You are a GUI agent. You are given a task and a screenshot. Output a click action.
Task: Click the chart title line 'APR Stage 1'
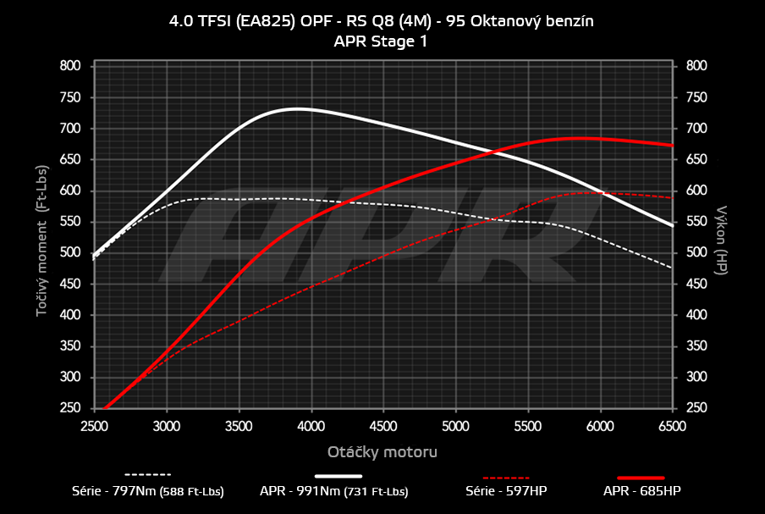382,41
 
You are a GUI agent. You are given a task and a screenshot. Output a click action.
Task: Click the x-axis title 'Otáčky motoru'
382,451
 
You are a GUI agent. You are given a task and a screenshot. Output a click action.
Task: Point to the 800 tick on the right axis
696,66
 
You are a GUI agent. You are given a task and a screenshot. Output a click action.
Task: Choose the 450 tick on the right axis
696,285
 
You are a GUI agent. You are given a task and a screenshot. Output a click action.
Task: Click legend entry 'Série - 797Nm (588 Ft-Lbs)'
148,490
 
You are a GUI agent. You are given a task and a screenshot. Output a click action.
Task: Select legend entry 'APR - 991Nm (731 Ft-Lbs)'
334,490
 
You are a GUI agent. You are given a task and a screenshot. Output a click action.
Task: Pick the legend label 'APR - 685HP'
641,490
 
